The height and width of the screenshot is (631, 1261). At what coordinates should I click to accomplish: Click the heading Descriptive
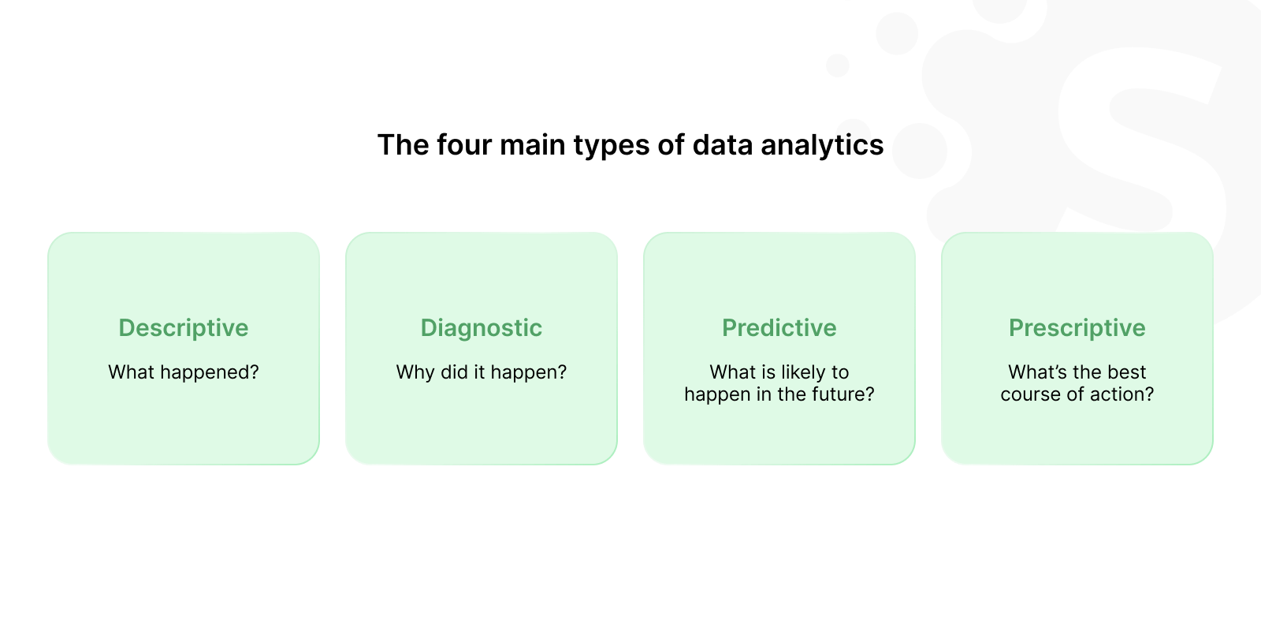[183, 328]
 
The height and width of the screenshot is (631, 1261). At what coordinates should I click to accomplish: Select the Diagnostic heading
[482, 328]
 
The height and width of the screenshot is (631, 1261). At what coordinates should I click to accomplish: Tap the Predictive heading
[779, 328]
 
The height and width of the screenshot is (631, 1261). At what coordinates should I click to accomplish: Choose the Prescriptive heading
[1077, 328]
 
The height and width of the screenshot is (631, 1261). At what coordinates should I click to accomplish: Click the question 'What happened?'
[184, 372]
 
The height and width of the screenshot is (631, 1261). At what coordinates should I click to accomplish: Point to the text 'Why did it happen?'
[482, 372]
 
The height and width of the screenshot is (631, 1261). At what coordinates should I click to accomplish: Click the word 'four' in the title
[463, 145]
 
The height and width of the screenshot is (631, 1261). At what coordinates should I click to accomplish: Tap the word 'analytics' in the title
[822, 145]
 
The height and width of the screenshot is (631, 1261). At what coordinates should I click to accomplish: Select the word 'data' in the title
[722, 145]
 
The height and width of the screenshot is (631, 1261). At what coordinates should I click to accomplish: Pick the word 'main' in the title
[533, 145]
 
